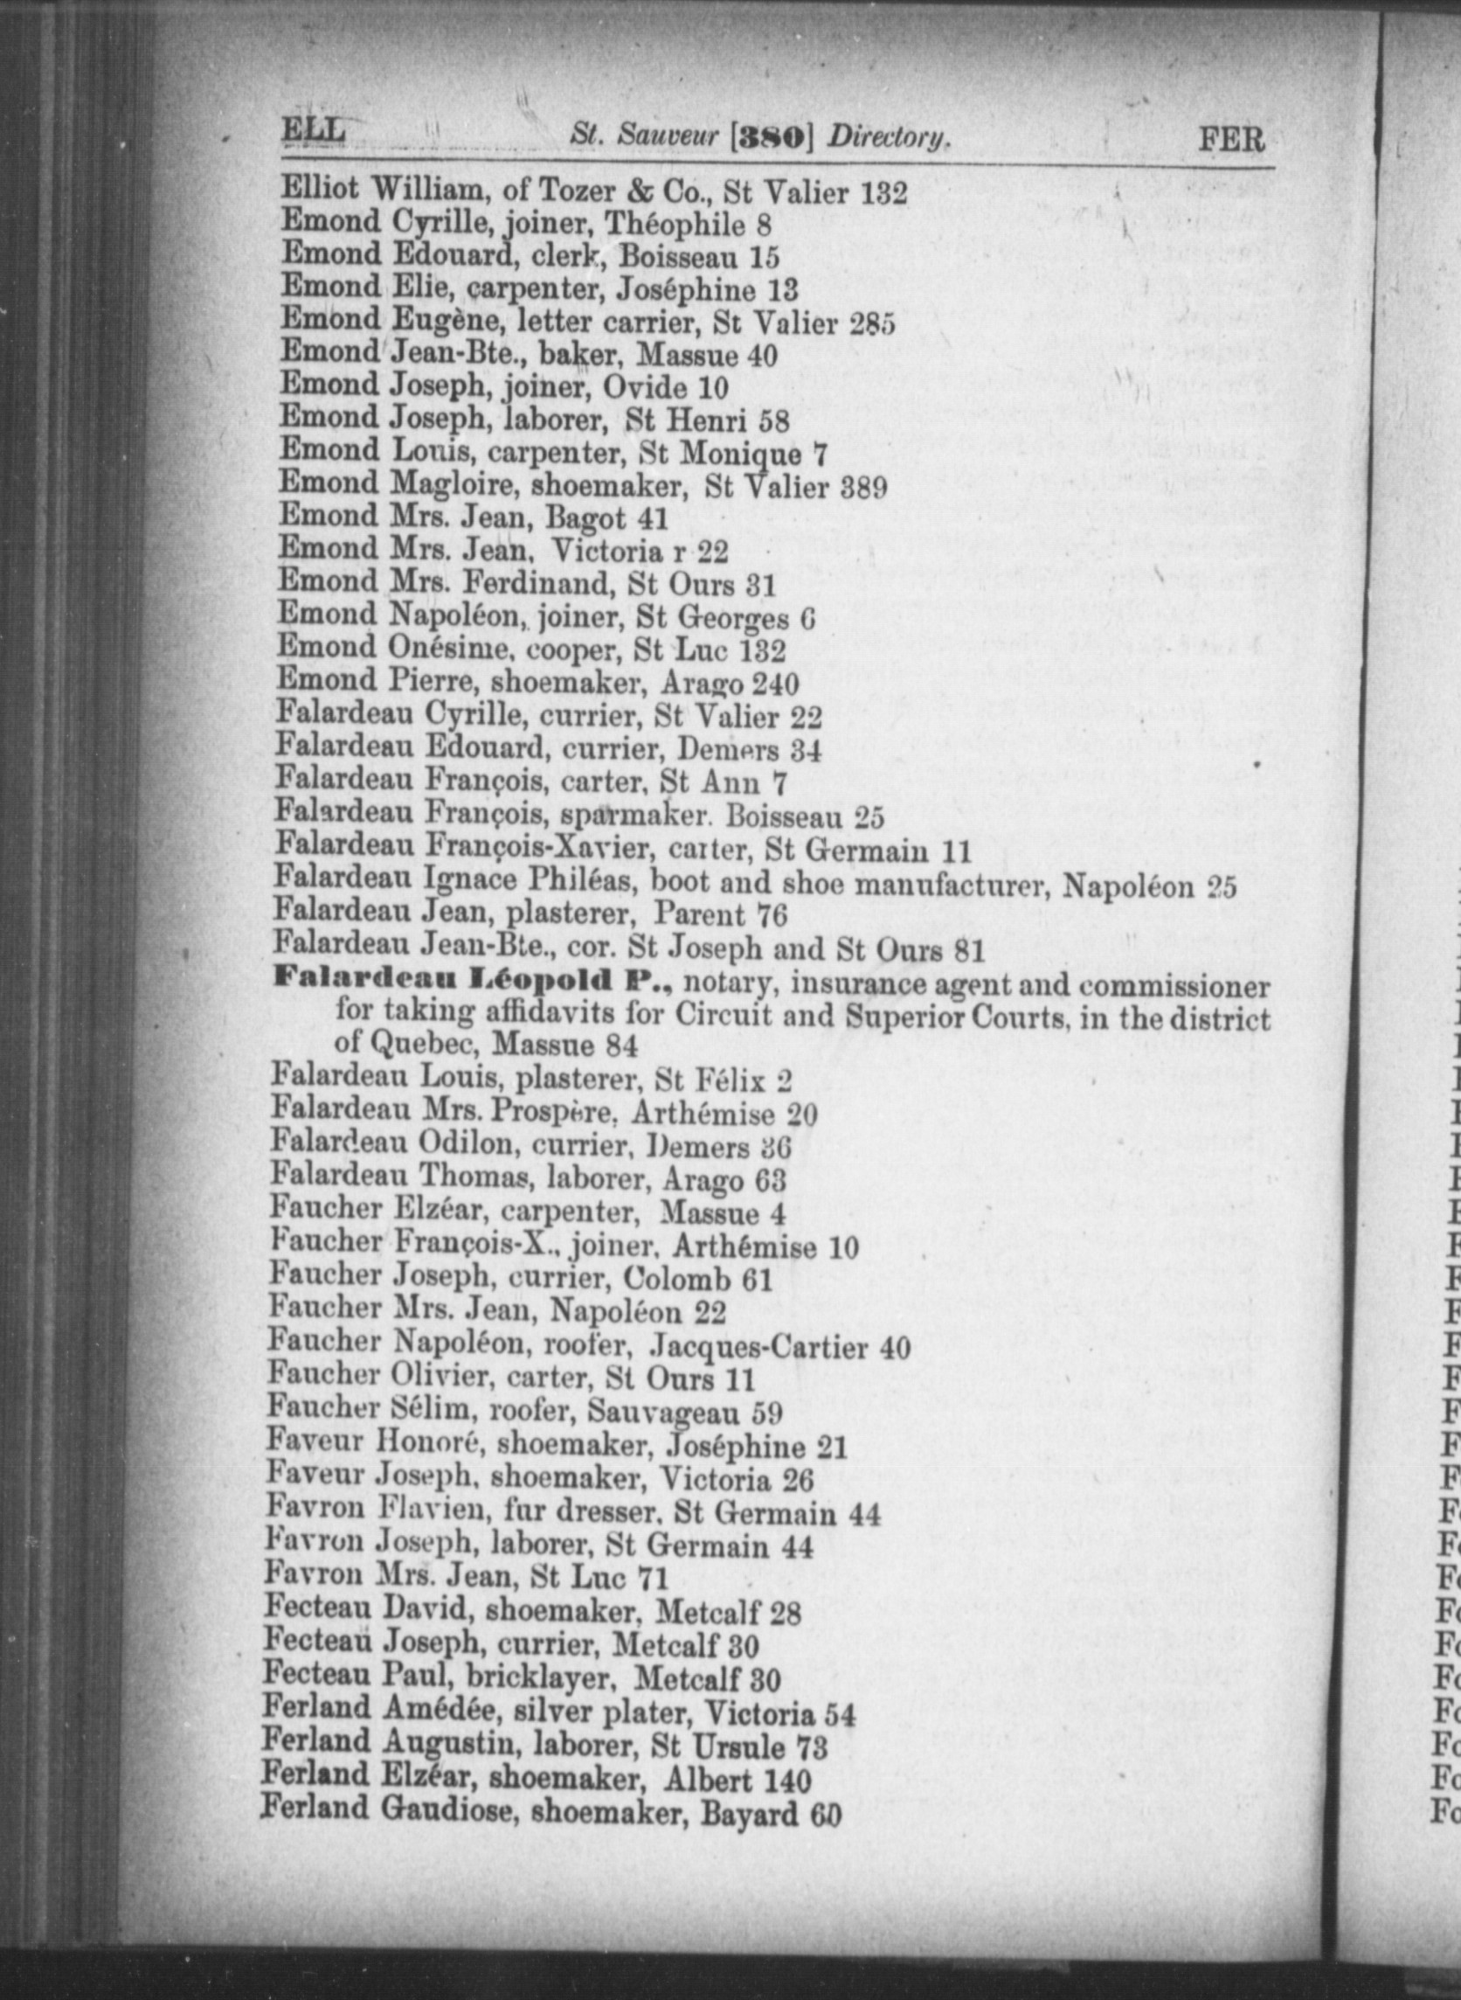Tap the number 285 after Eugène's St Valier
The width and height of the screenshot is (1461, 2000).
click(x=872, y=323)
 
